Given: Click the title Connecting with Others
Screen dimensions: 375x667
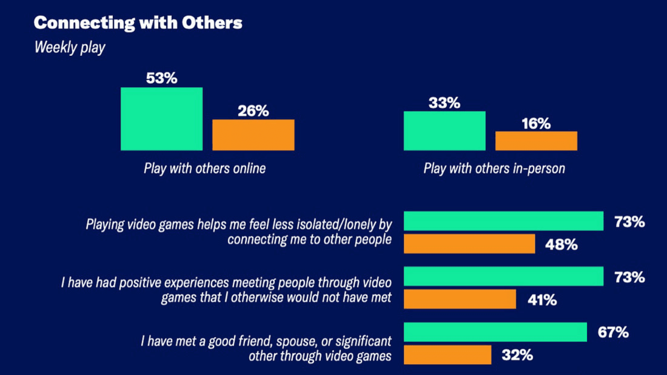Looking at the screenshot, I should [138, 23].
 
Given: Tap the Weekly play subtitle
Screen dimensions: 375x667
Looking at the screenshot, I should [70, 48].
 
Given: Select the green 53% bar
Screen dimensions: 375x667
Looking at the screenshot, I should [162, 119].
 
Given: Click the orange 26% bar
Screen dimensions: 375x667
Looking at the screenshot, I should [253, 135].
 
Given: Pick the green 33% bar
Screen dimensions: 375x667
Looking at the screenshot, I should [444, 131].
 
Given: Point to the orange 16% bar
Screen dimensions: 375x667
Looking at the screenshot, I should [536, 141].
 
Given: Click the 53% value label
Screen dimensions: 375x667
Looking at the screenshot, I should [162, 78].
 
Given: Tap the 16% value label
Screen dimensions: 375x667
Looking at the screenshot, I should [536, 124].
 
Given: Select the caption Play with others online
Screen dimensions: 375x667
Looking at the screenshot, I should [205, 168].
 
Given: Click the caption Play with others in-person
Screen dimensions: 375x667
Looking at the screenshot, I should [494, 168].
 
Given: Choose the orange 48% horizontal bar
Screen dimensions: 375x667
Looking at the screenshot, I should [469, 244].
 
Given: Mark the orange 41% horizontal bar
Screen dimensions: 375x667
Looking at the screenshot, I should [460, 299].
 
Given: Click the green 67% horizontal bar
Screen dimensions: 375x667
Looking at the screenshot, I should [495, 332].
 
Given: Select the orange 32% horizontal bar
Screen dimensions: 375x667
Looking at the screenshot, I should [447, 355].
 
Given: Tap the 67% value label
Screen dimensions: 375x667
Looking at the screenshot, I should [613, 332].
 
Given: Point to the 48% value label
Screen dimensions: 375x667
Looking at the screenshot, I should [561, 244].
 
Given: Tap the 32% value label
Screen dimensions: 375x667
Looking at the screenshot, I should [517, 355].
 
